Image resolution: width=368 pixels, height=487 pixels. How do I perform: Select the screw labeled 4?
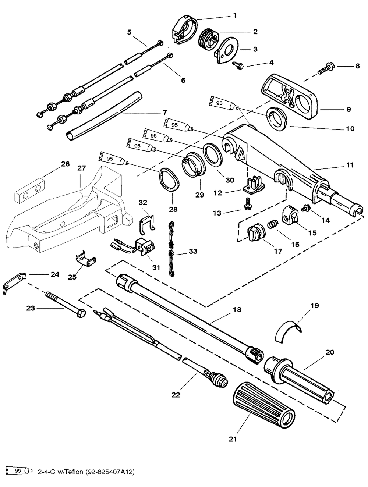tap(238, 65)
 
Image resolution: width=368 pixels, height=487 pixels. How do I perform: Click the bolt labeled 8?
tap(326, 68)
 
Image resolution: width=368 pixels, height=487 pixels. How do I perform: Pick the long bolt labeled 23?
tap(66, 305)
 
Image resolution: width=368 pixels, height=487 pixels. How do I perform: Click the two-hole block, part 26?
tap(29, 191)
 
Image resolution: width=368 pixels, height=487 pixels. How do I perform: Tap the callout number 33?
tap(193, 251)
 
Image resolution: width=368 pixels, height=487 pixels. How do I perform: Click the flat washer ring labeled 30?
tap(213, 154)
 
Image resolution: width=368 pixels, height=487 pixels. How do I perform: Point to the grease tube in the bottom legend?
tap(19, 470)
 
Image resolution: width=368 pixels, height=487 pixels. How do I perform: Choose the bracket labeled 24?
tap(14, 284)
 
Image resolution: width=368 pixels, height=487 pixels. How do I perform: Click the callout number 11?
tap(350, 165)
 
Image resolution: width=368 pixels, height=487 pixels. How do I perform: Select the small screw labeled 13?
tap(246, 203)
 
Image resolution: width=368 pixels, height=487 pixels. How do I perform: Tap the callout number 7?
tap(165, 113)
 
